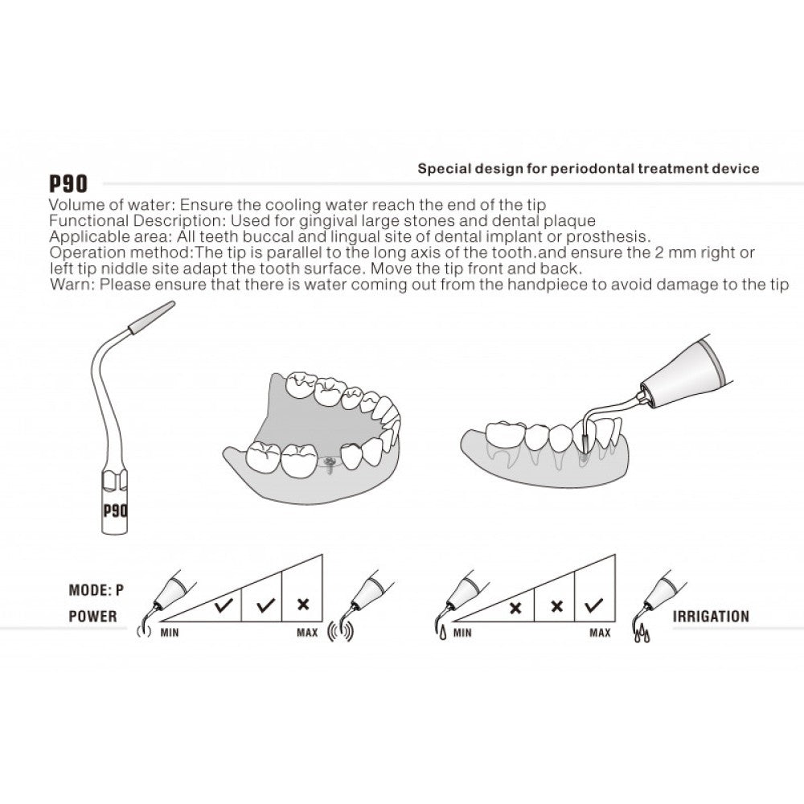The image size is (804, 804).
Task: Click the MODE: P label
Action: click(96, 590)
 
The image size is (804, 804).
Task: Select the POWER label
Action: click(92, 617)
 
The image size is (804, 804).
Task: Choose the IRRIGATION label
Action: click(711, 617)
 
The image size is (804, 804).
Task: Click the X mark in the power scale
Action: click(302, 604)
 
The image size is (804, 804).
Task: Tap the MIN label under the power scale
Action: click(169, 633)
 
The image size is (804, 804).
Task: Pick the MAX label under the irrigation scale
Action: click(600, 633)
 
